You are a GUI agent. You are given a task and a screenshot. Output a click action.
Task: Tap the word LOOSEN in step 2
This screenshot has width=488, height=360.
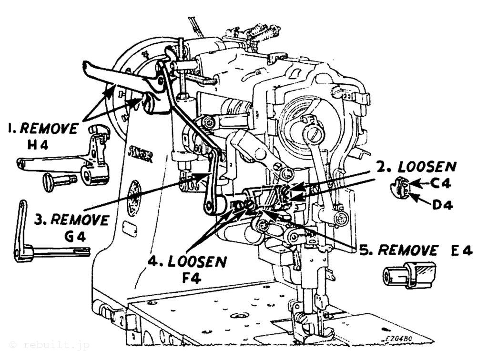427,167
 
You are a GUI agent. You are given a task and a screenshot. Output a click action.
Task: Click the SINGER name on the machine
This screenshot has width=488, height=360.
141,154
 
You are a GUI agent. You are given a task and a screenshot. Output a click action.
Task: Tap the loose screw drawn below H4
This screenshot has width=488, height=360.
59,181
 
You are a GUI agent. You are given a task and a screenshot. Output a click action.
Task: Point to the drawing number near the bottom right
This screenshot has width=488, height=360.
400,338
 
